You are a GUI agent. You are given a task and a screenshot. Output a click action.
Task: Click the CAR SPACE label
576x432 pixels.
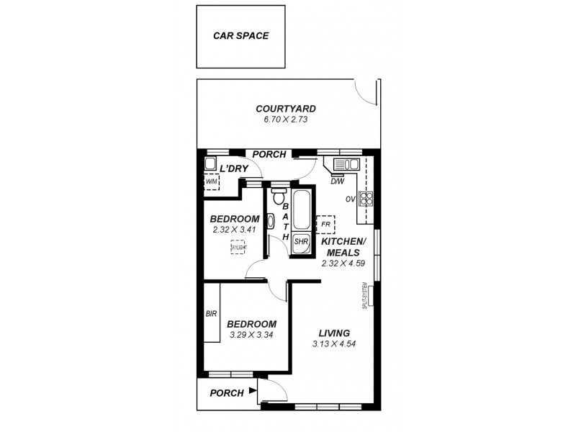point(240,35)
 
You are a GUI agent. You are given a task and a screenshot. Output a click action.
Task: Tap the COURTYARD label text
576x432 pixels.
point(286,109)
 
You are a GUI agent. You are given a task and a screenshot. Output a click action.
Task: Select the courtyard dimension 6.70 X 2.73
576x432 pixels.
point(286,120)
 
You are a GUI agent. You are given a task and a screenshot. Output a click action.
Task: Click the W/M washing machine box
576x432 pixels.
point(211,182)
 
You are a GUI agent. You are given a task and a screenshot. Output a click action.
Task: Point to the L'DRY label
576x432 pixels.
point(233,168)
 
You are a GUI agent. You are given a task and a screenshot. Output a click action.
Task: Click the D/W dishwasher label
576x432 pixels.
point(337,181)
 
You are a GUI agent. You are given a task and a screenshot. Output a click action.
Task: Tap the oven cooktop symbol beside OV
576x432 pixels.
point(366,199)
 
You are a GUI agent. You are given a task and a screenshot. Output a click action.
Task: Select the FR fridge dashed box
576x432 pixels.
point(325,224)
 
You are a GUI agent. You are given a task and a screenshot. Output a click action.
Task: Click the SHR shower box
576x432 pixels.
point(301,242)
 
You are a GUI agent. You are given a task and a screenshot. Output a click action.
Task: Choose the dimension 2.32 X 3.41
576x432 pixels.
point(234,230)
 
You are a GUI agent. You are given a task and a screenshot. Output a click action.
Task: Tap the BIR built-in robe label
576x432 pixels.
point(211,314)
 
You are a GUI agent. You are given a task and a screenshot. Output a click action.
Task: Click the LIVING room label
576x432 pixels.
point(334,333)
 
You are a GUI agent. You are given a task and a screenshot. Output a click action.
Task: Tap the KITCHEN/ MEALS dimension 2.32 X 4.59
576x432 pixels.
point(343,264)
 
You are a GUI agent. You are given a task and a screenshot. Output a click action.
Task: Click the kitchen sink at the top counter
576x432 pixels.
point(343,165)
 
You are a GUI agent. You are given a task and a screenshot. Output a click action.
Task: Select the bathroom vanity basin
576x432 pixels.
point(270,222)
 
